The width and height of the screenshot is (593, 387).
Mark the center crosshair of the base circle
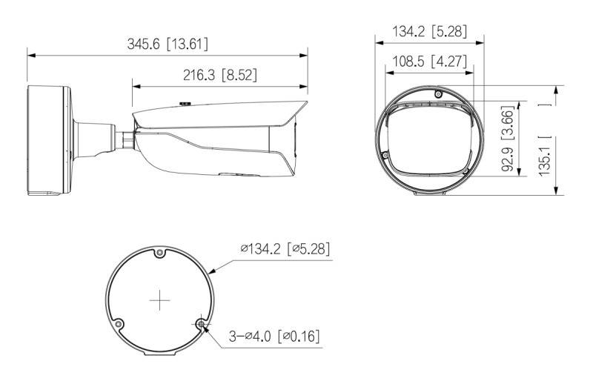click(160, 300)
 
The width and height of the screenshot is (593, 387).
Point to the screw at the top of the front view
click(437, 95)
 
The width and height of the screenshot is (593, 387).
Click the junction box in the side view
click(49, 142)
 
